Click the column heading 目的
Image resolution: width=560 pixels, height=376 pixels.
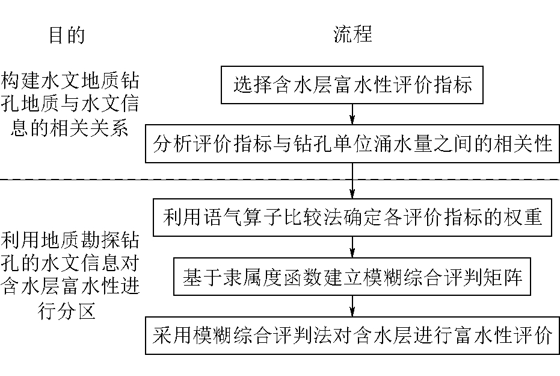click(66, 36)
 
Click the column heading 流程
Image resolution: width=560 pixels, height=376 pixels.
click(352, 34)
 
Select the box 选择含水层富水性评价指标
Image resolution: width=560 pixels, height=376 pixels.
click(352, 85)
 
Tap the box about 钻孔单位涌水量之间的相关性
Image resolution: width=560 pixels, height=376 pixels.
click(352, 145)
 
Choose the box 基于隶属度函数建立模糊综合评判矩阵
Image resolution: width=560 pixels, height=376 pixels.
click(352, 278)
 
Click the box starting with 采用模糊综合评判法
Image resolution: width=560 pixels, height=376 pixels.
click(352, 336)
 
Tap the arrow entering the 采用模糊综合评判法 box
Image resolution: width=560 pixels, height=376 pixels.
click(352, 307)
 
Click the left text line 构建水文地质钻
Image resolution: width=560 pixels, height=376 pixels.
click(70, 81)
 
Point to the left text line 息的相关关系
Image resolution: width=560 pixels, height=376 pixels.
click(70, 129)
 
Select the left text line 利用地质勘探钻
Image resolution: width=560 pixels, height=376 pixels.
click(70, 243)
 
